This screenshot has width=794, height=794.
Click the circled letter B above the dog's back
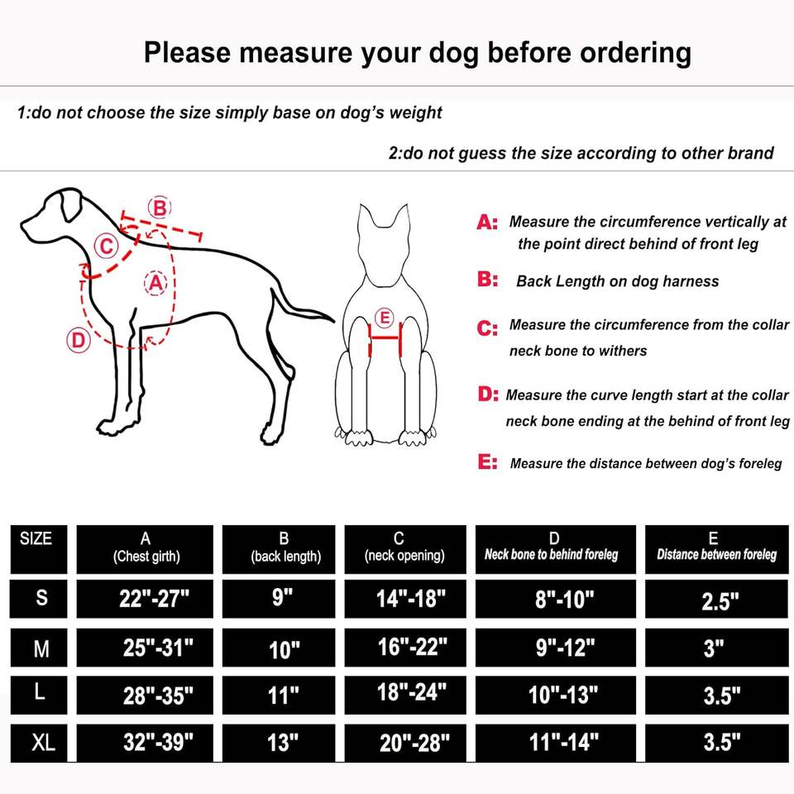tap(160, 208)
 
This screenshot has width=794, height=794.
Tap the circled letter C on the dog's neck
tap(107, 246)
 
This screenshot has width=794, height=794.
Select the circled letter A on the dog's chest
tap(155, 283)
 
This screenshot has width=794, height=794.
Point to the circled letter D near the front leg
tap(79, 340)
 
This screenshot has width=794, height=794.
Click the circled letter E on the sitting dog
tap(385, 318)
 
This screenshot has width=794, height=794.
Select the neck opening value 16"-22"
tap(413, 647)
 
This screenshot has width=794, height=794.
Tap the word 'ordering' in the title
tap(589, 53)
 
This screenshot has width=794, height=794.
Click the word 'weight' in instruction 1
tap(415, 112)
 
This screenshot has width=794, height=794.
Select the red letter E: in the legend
tap(488, 462)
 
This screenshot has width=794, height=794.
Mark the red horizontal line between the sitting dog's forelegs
tap(385, 337)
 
